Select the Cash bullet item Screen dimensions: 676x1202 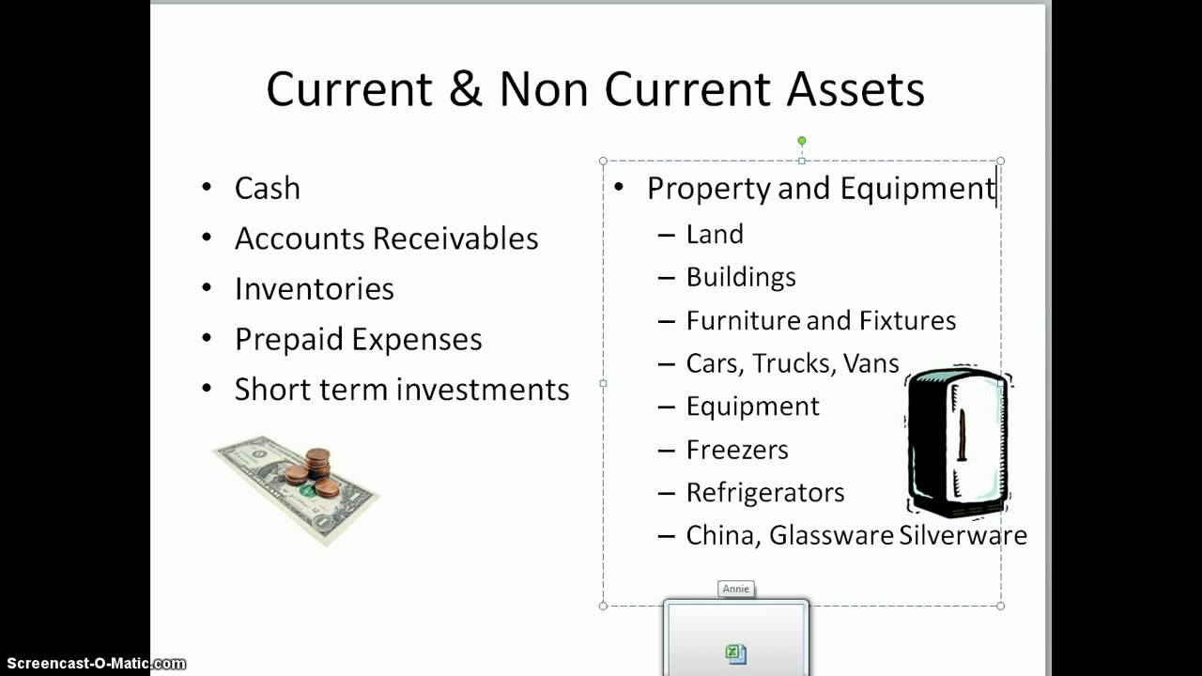[x=268, y=189]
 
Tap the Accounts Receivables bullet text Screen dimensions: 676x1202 [x=386, y=238]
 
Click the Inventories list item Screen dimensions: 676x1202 [x=314, y=289]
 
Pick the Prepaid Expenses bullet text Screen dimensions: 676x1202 [x=358, y=339]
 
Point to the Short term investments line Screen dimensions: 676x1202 [x=401, y=390]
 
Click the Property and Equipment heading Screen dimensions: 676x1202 [x=821, y=189]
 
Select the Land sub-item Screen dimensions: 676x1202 [x=715, y=234]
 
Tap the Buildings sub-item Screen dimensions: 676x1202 [x=741, y=277]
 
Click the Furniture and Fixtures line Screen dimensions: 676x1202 [x=821, y=320]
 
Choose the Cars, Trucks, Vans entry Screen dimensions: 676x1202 [x=793, y=363]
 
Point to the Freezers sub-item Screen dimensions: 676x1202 [x=737, y=450]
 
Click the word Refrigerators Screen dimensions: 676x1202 [x=765, y=493]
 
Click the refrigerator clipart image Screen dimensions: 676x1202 [x=957, y=441]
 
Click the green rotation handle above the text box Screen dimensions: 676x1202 [x=801, y=141]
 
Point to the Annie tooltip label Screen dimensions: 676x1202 [x=736, y=589]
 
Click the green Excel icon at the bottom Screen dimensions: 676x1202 [x=736, y=654]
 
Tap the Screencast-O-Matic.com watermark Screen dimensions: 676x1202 [x=93, y=664]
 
